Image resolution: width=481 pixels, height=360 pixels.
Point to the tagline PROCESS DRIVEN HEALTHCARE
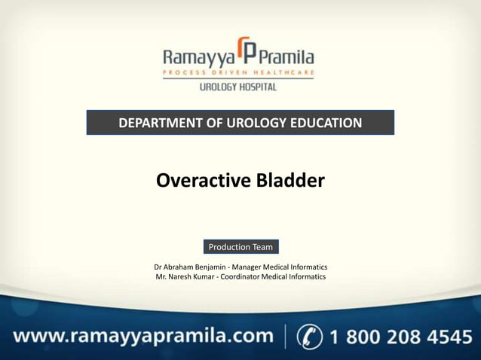(238, 73)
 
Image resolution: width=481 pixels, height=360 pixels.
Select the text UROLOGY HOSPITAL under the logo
(237, 87)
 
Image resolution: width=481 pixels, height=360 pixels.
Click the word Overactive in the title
(197, 181)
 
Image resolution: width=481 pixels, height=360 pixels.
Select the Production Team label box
(240, 247)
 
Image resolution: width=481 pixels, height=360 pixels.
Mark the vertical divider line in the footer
(286, 336)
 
